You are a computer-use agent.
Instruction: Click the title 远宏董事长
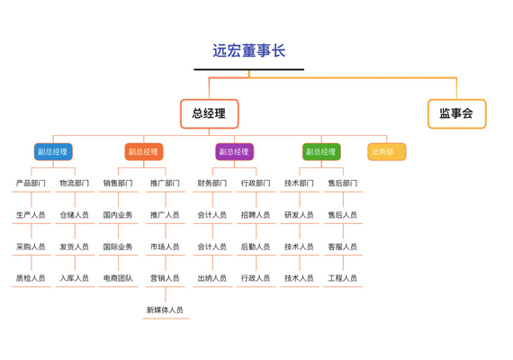pos(249,50)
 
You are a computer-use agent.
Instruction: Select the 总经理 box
pos(210,113)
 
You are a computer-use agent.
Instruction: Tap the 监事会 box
pos(456,113)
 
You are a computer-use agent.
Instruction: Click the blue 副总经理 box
pos(53,151)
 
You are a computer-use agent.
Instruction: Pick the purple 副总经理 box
pos(234,151)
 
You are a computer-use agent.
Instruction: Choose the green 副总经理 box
pos(321,151)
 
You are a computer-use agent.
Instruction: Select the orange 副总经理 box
pos(144,151)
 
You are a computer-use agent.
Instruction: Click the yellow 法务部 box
pos(387,151)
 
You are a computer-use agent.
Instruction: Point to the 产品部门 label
pos(31,183)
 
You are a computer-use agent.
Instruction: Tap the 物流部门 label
pos(75,183)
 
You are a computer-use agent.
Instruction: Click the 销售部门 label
pos(118,183)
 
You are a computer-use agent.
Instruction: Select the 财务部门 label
pos(212,183)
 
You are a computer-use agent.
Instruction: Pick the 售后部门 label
pos(343,183)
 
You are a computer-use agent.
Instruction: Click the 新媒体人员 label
pos(166,310)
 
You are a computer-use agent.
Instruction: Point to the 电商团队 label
pos(118,278)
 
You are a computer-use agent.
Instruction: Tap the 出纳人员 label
pos(212,278)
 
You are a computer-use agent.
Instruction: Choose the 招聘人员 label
pos(256,215)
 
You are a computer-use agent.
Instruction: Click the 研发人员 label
pos(300,215)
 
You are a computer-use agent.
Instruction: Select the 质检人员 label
pos(31,278)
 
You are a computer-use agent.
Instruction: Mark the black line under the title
pos(249,69)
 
